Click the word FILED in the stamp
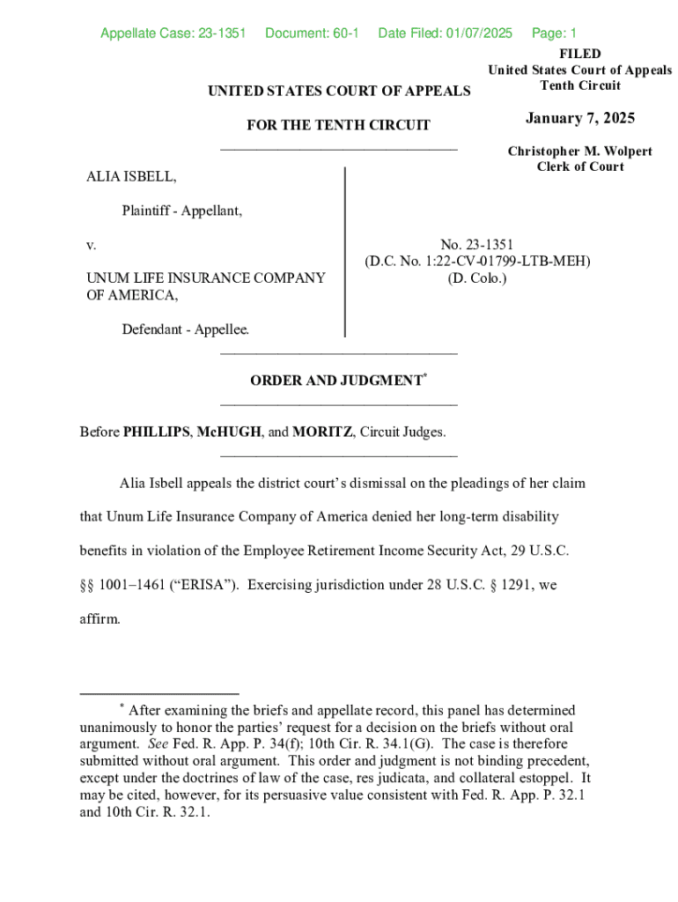579,54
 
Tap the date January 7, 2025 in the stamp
579,119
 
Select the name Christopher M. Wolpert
579,152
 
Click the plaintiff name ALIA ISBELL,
130,178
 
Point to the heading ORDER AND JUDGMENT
336,381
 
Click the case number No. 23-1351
477,244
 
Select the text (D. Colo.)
477,277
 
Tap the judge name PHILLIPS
156,433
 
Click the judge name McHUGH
229,433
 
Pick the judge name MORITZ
322,433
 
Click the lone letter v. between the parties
91,244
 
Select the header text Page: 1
554,33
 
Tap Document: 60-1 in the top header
312,33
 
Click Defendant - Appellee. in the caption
186,329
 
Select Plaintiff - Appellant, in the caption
182,211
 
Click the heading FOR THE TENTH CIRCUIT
338,125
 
